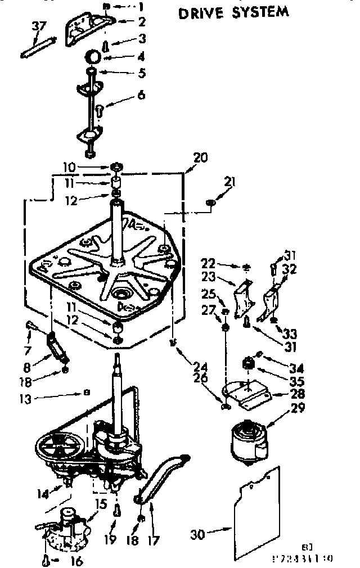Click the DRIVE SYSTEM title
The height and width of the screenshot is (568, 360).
pyautogui.click(x=234, y=12)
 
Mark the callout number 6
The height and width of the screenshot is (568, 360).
pyautogui.click(x=141, y=95)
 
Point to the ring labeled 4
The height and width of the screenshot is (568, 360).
pyautogui.click(x=93, y=57)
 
